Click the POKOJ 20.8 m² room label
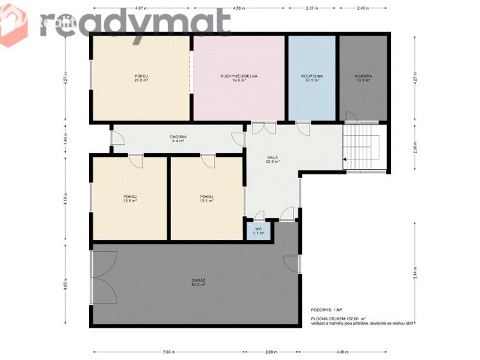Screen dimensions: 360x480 pyautogui.click(x=141, y=78)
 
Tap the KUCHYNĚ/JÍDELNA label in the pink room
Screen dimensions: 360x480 pyautogui.click(x=238, y=78)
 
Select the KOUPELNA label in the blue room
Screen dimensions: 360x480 pyautogui.click(x=311, y=78)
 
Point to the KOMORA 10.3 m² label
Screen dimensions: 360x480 pyautogui.click(x=363, y=78)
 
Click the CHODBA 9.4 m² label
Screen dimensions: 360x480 pyautogui.click(x=178, y=138)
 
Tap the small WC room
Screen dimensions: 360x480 pyautogui.click(x=259, y=231)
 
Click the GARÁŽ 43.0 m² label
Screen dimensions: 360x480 pyautogui.click(x=197, y=282)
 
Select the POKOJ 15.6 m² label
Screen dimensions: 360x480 pyautogui.click(x=130, y=199)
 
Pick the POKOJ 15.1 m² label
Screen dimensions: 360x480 pyautogui.click(x=206, y=199)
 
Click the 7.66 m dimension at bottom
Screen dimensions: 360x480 pyautogui.click(x=169, y=352)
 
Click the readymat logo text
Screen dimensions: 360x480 pyautogui.click(x=135, y=24)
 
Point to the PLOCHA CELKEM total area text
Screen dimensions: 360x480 pyautogui.click(x=338, y=318)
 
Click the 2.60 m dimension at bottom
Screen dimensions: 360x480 pyautogui.click(x=271, y=352)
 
